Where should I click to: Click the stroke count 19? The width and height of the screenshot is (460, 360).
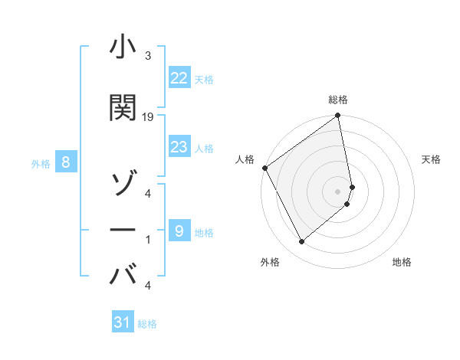148,117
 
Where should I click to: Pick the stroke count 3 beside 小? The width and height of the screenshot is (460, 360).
148,56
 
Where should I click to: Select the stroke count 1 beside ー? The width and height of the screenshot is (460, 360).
148,240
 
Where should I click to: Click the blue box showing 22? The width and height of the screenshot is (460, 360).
179,78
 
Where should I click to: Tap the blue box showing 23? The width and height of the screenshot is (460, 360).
179,147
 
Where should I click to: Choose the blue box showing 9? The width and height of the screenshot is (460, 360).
179,231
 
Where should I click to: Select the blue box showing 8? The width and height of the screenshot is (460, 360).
67,162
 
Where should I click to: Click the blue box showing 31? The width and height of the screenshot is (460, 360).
123,322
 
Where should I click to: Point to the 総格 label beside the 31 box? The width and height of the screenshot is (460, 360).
147,324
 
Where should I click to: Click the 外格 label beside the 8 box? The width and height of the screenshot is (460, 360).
41,163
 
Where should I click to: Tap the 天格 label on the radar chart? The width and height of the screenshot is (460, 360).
431,159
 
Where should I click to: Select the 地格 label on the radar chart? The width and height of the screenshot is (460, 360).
402,263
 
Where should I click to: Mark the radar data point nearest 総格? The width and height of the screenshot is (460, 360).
337,116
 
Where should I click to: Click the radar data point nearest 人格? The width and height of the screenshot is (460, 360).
264,168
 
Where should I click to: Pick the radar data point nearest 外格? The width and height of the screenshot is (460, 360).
301,241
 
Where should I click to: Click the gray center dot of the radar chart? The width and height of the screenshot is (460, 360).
338,191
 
